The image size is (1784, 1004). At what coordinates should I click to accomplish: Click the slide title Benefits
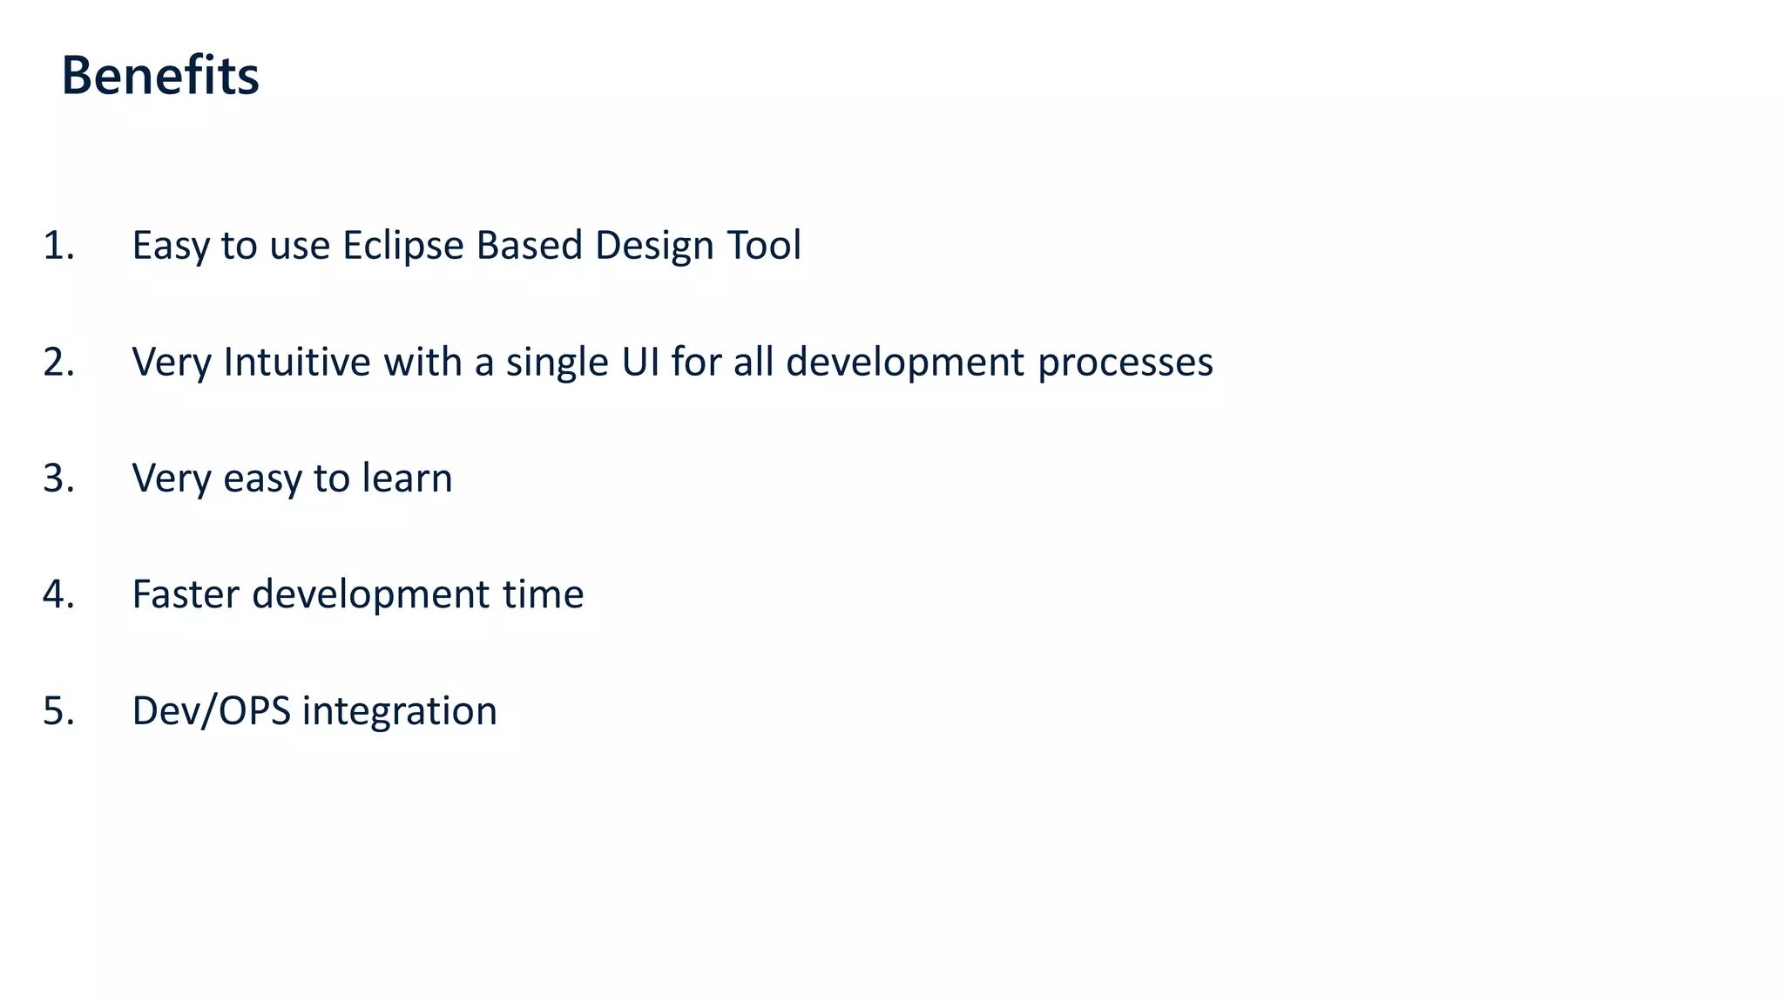pos(160,76)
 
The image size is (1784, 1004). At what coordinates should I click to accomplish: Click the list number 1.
pos(58,246)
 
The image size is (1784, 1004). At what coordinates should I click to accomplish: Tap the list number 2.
pos(58,363)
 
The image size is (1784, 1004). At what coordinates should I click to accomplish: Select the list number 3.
pos(58,478)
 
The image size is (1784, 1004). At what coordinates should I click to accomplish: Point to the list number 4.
pos(58,594)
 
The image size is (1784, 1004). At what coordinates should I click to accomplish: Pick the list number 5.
pos(58,711)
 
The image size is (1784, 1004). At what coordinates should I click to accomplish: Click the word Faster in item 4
pos(185,594)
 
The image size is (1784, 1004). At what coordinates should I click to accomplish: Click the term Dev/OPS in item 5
pos(211,711)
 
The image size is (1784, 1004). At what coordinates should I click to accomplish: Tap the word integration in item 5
pos(400,711)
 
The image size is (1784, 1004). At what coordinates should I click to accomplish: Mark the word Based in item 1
pos(529,246)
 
